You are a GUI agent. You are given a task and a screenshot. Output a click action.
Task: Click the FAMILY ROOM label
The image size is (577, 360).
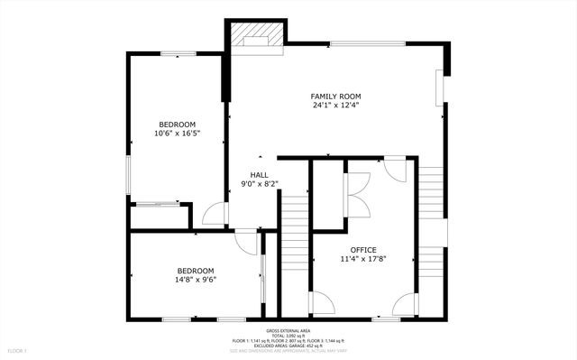(335, 96)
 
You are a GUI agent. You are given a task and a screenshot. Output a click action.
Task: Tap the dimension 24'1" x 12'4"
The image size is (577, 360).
(335, 106)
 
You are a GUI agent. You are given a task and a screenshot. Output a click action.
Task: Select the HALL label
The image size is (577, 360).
(259, 175)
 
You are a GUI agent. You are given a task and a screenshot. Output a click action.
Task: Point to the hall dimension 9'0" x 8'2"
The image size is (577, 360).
(259, 184)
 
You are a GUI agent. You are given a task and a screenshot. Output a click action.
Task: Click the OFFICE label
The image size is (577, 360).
(363, 250)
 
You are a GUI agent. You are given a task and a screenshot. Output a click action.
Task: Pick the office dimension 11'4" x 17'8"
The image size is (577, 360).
(363, 260)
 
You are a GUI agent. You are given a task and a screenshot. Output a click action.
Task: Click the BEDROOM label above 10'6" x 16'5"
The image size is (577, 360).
(177, 125)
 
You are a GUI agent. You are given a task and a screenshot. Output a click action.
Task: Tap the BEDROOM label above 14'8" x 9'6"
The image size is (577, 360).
(196, 271)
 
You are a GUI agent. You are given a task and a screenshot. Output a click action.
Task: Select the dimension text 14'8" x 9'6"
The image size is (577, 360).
(196, 280)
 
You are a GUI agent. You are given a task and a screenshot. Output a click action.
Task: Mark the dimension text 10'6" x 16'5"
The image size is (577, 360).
(177, 134)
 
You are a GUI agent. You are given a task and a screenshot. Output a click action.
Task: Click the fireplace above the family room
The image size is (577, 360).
(256, 37)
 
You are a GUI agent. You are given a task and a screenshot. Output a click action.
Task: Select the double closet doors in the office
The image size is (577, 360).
(357, 193)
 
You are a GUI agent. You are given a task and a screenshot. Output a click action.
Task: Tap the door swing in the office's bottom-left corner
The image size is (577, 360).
(321, 304)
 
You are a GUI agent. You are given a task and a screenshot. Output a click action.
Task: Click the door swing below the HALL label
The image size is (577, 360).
(215, 213)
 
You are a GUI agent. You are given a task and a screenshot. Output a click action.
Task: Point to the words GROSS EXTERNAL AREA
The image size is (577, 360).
(288, 331)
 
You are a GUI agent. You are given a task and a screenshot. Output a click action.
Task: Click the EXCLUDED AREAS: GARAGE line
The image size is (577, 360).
(288, 345)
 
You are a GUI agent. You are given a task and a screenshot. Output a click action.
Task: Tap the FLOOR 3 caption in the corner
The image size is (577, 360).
(17, 350)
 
